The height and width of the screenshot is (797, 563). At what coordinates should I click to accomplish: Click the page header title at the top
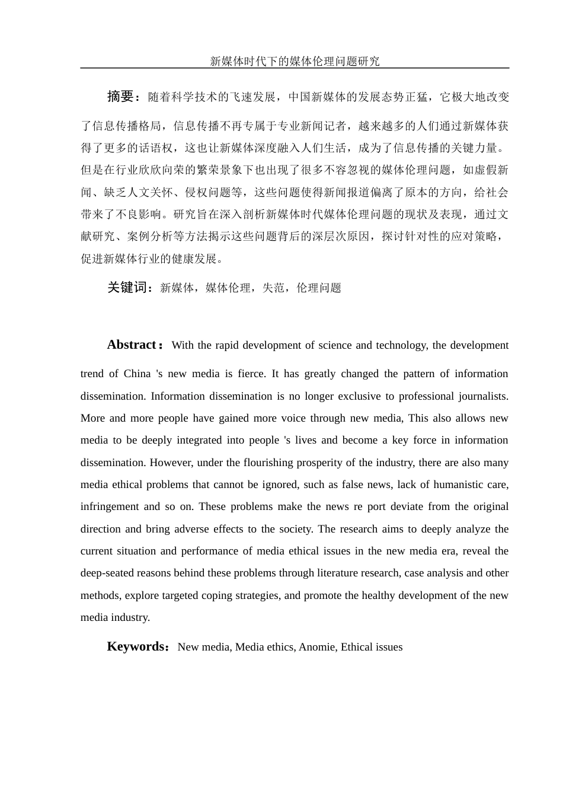click(295, 61)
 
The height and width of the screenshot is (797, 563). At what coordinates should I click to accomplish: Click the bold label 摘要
click(121, 97)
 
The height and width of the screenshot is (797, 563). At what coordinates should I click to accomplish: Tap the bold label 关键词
click(126, 288)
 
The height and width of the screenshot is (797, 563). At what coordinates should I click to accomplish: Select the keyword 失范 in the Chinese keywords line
click(273, 288)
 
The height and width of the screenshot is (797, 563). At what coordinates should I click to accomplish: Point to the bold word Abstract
click(131, 345)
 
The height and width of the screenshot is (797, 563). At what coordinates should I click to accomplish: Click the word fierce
click(250, 374)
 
